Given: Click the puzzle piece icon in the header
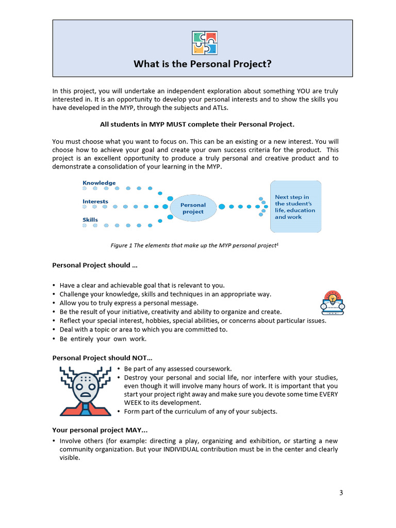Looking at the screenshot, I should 204,43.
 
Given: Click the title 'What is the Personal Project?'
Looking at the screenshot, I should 202,64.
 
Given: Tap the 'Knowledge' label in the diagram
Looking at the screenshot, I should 99,183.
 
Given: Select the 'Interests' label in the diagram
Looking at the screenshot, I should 95,202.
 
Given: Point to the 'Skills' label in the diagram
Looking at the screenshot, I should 90,220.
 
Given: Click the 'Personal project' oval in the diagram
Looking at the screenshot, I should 193,208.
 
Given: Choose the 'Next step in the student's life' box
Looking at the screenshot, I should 295,207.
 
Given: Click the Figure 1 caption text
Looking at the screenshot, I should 195,245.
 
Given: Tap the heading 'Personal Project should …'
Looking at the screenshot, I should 94,265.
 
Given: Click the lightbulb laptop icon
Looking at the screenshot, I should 333,303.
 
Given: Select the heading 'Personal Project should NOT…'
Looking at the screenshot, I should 102,358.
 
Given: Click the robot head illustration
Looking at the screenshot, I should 86,390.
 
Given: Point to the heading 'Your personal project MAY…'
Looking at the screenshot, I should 100,430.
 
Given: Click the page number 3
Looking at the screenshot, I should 341,493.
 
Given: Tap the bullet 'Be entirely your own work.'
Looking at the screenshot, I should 103,339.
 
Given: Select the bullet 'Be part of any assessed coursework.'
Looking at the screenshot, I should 178,369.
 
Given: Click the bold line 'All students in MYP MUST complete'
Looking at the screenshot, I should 196,124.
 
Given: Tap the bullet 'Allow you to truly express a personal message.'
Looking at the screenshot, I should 129,303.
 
